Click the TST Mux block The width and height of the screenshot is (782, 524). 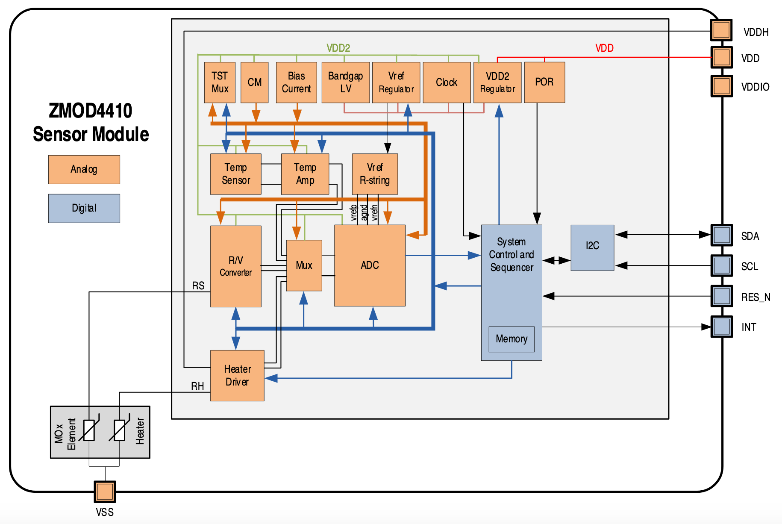point(220,82)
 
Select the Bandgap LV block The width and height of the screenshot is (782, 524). point(345,82)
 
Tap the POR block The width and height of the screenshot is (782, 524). point(544,82)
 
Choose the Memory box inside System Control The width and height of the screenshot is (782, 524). point(512,339)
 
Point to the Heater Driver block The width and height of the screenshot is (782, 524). point(237,375)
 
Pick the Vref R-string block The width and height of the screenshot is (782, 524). point(375,174)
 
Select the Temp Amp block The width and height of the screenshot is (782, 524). point(305,174)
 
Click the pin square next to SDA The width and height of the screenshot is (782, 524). point(721,235)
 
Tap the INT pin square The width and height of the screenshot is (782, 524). point(721,327)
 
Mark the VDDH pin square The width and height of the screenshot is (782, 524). point(721,30)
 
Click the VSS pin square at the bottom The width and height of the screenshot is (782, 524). point(105,492)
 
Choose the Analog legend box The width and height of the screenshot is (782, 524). point(84,170)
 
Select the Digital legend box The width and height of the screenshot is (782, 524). point(84,209)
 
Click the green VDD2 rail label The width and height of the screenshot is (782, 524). point(338,48)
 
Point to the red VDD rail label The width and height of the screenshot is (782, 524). point(604,48)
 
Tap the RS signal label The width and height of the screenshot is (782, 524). point(198,286)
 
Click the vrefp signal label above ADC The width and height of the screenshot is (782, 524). point(354,212)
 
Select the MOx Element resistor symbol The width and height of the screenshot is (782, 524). point(89,430)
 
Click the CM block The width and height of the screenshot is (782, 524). point(255,82)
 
